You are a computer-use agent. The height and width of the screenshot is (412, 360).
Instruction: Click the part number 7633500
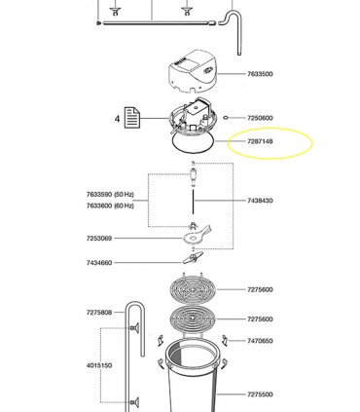pyautogui.click(x=260, y=74)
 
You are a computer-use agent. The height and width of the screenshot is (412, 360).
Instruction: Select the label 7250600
pyautogui.click(x=260, y=118)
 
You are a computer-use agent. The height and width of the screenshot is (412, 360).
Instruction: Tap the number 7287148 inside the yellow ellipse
pyautogui.click(x=260, y=141)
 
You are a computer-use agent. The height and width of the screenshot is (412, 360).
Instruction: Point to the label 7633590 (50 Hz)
pyautogui.click(x=110, y=195)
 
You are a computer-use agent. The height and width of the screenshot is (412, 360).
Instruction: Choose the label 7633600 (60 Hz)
pyautogui.click(x=110, y=206)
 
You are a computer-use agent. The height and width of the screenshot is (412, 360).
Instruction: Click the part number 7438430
pyautogui.click(x=260, y=201)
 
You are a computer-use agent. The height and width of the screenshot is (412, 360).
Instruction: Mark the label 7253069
pyautogui.click(x=99, y=239)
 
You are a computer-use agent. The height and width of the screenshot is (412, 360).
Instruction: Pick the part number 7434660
pyautogui.click(x=99, y=263)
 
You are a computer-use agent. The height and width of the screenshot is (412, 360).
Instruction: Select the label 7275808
pyautogui.click(x=99, y=313)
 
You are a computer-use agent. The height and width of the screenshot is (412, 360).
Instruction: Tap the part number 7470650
pyautogui.click(x=260, y=341)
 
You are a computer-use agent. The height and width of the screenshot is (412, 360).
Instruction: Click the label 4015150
pyautogui.click(x=99, y=365)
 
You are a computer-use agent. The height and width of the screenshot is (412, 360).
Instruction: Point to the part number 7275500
pyautogui.click(x=260, y=394)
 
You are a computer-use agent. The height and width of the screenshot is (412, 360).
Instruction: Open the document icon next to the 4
pyautogui.click(x=132, y=118)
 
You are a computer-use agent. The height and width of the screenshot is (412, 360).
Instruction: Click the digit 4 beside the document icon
pyautogui.click(x=117, y=119)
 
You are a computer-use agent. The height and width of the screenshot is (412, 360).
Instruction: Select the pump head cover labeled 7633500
pyautogui.click(x=193, y=71)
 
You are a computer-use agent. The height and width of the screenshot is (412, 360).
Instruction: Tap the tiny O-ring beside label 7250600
pyautogui.click(x=226, y=118)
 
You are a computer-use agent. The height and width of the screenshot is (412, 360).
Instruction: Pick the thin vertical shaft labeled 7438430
pyautogui.click(x=194, y=202)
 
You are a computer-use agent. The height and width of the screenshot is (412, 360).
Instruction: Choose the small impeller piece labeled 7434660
pyautogui.click(x=193, y=258)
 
